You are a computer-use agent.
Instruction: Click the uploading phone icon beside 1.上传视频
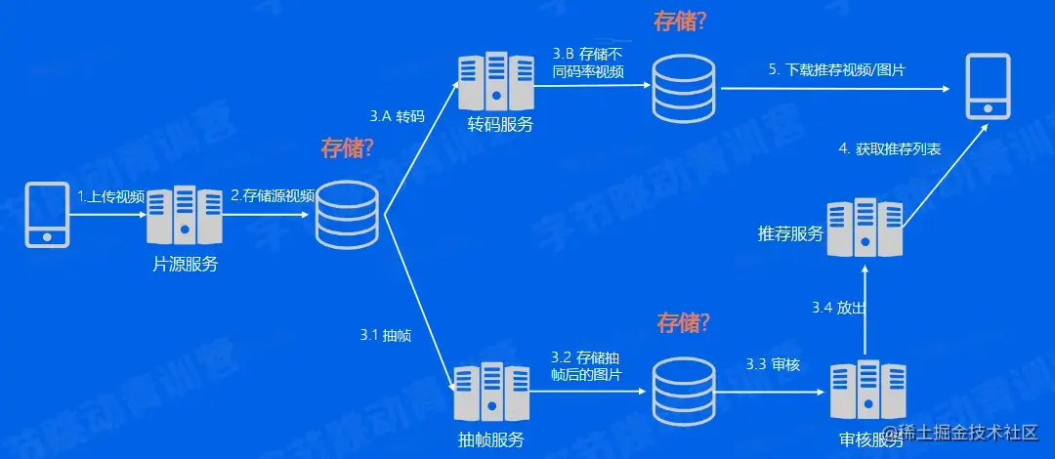click(x=45, y=215)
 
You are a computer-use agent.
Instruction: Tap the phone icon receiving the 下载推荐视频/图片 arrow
click(x=988, y=88)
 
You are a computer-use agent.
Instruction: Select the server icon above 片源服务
click(x=185, y=217)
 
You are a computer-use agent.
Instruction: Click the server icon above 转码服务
click(x=496, y=83)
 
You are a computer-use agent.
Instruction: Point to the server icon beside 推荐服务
click(x=865, y=229)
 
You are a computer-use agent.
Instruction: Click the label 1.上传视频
click(x=110, y=197)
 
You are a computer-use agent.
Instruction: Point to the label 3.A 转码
click(x=397, y=116)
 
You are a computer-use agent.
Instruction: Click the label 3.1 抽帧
click(x=385, y=335)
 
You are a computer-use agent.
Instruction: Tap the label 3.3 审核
click(x=773, y=364)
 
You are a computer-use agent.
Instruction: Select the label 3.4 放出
click(x=839, y=308)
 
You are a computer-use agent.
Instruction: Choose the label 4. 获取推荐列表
click(x=890, y=149)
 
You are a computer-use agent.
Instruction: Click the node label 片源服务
click(x=186, y=264)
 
